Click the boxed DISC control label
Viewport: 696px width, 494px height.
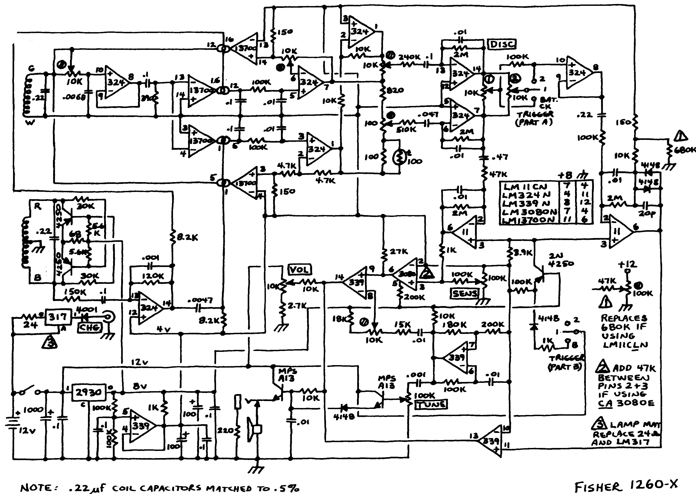502,44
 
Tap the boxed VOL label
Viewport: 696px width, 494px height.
299,269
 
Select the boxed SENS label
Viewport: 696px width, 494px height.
464,293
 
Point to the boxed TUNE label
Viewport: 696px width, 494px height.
431,404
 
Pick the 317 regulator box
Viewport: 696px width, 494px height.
58,317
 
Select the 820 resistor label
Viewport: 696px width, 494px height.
395,90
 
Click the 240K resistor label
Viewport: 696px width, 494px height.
409,57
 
